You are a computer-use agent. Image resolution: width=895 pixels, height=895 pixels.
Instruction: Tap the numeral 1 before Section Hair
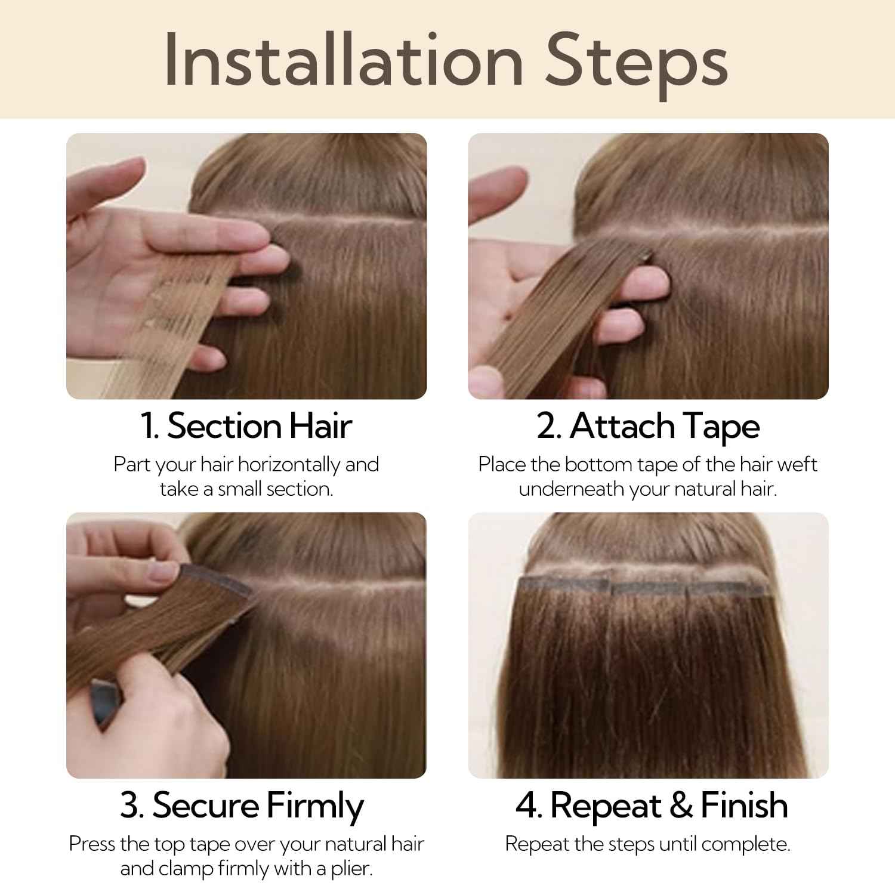click(x=148, y=426)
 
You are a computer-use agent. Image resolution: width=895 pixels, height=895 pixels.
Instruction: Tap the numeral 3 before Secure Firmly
click(x=129, y=805)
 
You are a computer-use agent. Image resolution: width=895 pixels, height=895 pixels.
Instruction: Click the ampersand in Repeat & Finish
click(x=681, y=805)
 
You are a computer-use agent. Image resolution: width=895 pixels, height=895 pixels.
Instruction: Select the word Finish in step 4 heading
click(x=744, y=805)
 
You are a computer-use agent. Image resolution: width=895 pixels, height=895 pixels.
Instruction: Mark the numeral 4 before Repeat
click(x=527, y=805)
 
